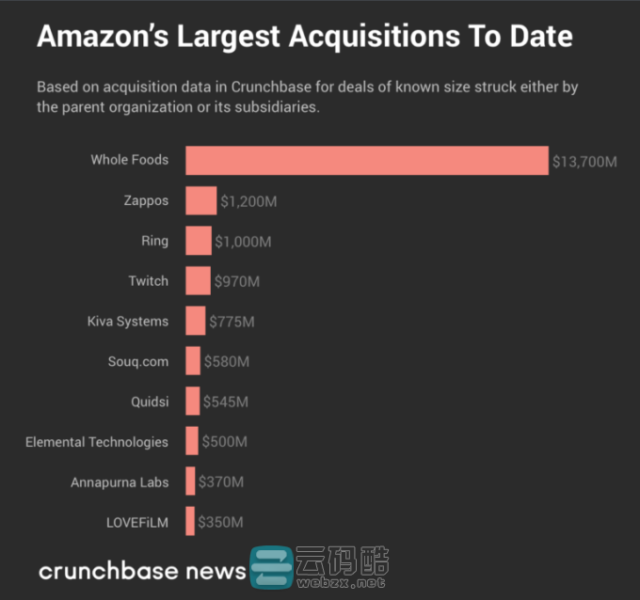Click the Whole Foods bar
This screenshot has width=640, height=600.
click(366, 160)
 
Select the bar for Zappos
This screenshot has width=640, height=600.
click(200, 200)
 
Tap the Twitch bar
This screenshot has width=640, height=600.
click(198, 281)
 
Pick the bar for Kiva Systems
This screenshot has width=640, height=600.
click(195, 321)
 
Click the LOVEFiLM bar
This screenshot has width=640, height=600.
click(190, 521)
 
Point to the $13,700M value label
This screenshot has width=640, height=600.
click(584, 162)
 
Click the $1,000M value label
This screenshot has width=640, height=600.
click(243, 242)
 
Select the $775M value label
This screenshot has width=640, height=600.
click(232, 323)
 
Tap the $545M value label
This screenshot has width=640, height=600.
click(226, 403)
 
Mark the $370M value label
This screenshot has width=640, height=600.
click(221, 482)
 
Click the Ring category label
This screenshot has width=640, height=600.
click(154, 241)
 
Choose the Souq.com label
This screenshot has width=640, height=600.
click(138, 361)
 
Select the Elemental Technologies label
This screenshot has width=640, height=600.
click(97, 442)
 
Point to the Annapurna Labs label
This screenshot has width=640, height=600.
click(120, 482)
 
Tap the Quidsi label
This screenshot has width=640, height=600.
click(150, 402)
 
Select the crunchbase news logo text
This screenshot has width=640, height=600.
click(142, 570)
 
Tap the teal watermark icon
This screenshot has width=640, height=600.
click(271, 569)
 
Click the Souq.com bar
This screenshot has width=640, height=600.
click(193, 361)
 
